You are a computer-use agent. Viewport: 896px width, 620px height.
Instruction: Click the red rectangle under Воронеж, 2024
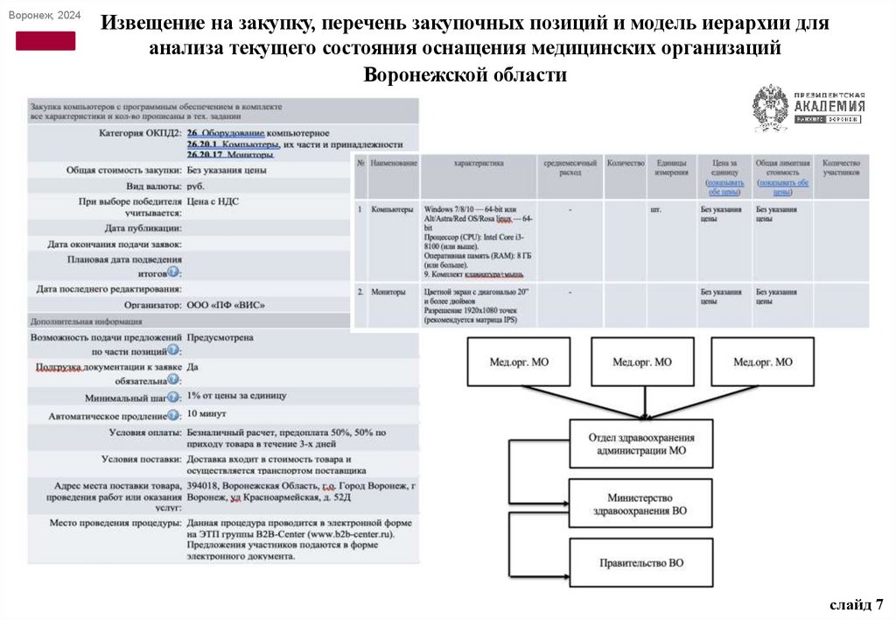(45, 40)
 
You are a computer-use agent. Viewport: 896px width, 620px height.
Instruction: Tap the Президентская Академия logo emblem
(770, 108)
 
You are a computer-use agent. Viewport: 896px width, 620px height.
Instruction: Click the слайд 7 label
(857, 604)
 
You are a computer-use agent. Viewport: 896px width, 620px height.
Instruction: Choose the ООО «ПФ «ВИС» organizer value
(226, 305)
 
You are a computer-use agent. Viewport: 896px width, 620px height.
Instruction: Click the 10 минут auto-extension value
(206, 413)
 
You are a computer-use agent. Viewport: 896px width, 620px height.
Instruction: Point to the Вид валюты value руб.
(196, 186)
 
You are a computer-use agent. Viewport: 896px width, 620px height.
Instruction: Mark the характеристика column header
(478, 163)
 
